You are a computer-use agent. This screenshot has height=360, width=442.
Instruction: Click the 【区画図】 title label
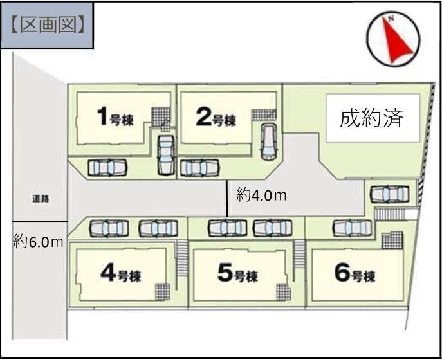point(47,26)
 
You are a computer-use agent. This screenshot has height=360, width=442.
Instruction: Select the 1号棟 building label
point(115,116)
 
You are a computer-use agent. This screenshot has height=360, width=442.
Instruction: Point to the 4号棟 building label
point(121,273)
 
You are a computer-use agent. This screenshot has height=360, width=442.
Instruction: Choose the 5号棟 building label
point(237,273)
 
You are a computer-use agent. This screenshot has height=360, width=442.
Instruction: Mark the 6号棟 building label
point(355,273)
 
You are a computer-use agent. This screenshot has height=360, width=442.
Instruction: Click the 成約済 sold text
point(371,118)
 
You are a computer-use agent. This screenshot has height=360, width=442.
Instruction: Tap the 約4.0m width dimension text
point(261,195)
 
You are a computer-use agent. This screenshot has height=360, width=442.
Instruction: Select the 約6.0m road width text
point(38,242)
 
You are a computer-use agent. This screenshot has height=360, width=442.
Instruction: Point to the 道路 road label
point(41,199)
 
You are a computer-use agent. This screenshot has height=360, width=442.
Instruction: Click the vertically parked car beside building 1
point(166,155)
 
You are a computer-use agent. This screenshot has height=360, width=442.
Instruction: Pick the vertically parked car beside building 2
point(269,141)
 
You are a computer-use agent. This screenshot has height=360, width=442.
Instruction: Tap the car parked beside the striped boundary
point(390,194)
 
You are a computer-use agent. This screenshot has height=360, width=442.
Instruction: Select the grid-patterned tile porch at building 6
point(392,240)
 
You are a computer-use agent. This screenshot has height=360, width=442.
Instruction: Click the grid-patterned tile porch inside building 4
point(162,292)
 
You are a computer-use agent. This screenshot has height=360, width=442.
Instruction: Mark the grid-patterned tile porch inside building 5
point(282,292)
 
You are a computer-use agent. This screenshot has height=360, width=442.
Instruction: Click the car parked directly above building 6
point(352,228)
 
